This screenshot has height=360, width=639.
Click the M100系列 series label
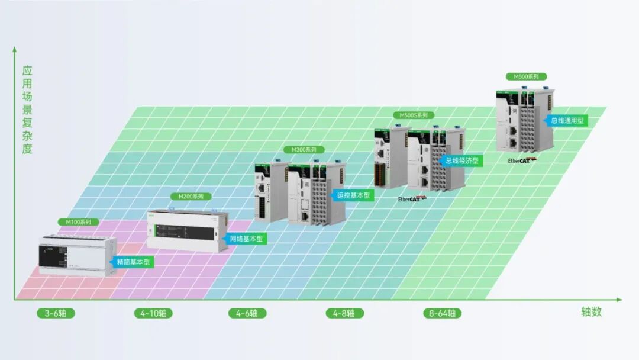(75, 222)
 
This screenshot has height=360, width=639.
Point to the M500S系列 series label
(414, 115)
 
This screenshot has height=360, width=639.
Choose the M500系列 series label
(526, 77)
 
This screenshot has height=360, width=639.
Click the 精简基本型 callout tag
(131, 262)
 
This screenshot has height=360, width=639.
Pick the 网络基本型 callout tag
(246, 239)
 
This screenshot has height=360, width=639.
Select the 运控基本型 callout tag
(353, 195)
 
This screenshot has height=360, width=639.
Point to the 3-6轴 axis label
(56, 313)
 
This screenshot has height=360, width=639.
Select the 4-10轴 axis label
(153, 313)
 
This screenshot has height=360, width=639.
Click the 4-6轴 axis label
(247, 313)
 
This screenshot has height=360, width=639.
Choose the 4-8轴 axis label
(344, 313)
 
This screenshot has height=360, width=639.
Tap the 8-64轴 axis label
(442, 313)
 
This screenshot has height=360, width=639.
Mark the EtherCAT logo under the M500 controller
(522, 160)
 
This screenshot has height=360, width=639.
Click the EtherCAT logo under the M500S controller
(412, 199)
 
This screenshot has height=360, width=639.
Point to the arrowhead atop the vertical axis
(14, 50)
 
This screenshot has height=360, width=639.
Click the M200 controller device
(187, 230)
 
